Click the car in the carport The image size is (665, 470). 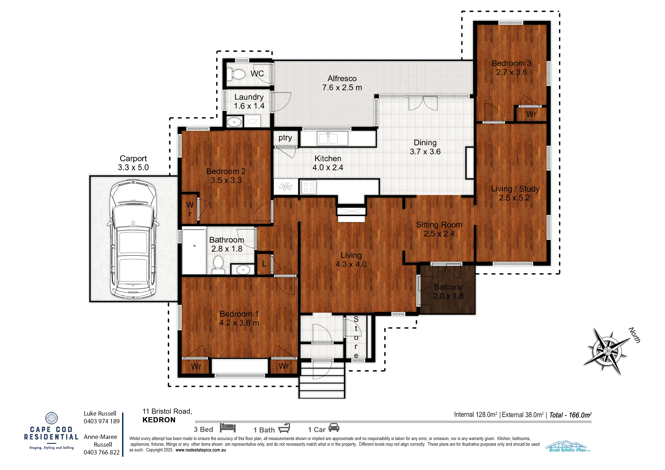click(133, 240)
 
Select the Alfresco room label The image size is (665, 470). click(342, 78)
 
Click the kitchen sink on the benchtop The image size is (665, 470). click(328, 138)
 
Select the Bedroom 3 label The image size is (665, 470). click(511, 63)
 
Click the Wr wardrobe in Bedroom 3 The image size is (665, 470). click(531, 114)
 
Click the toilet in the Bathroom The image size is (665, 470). click(218, 265)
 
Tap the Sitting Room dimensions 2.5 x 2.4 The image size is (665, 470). click(439, 234)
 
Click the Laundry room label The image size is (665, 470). click(249, 97)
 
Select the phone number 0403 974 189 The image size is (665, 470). click(102, 421)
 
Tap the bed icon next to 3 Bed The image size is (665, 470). click(228, 428)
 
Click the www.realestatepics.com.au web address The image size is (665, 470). click(200, 450)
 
